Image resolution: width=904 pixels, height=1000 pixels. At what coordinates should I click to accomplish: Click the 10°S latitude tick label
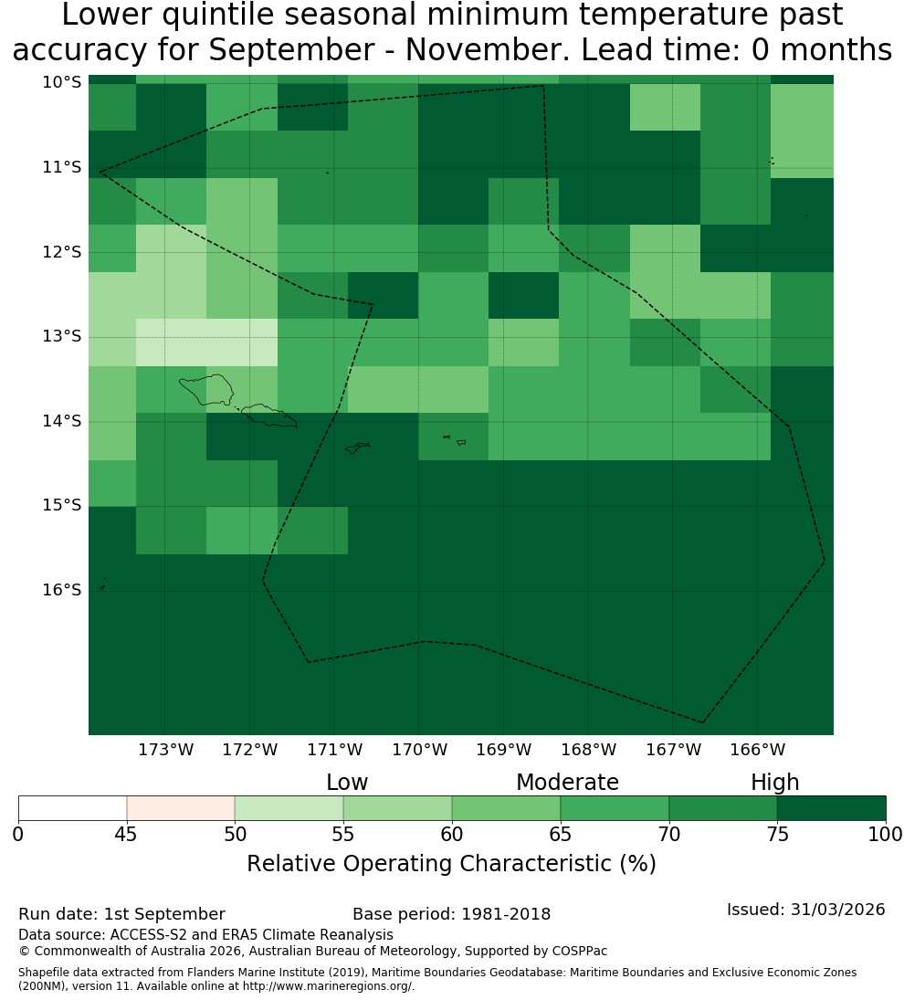(x=62, y=82)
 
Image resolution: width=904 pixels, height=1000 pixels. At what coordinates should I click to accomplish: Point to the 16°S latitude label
(x=62, y=590)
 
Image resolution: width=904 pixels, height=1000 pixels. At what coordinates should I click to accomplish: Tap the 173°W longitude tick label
(x=166, y=750)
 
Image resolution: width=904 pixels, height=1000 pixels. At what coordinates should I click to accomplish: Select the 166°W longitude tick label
(x=757, y=750)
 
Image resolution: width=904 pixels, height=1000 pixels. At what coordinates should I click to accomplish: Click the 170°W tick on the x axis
(x=419, y=750)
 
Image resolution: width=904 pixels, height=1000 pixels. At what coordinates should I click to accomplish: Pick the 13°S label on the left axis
(x=62, y=336)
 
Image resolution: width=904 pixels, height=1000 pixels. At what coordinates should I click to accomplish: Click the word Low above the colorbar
(x=347, y=783)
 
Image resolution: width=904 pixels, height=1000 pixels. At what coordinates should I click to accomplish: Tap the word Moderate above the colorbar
(x=567, y=783)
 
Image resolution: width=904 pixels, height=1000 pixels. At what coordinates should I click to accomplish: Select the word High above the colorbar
(x=774, y=783)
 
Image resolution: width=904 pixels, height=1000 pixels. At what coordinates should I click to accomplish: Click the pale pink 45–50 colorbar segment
(x=181, y=808)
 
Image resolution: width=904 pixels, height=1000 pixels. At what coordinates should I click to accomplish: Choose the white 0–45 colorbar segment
(x=73, y=808)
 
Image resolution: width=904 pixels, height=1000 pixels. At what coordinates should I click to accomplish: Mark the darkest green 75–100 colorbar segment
(x=831, y=808)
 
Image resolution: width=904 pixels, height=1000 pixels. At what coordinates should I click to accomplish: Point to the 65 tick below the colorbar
(x=561, y=834)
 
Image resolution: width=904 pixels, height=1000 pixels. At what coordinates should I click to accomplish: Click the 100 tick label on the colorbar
(x=886, y=834)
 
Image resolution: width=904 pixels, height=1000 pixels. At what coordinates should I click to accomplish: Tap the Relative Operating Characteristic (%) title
(x=451, y=864)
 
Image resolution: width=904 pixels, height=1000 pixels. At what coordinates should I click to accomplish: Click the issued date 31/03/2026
(x=837, y=910)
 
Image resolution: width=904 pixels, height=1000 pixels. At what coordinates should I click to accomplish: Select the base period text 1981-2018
(x=506, y=914)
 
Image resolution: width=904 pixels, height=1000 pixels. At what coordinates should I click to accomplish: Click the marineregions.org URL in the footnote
(x=328, y=986)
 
